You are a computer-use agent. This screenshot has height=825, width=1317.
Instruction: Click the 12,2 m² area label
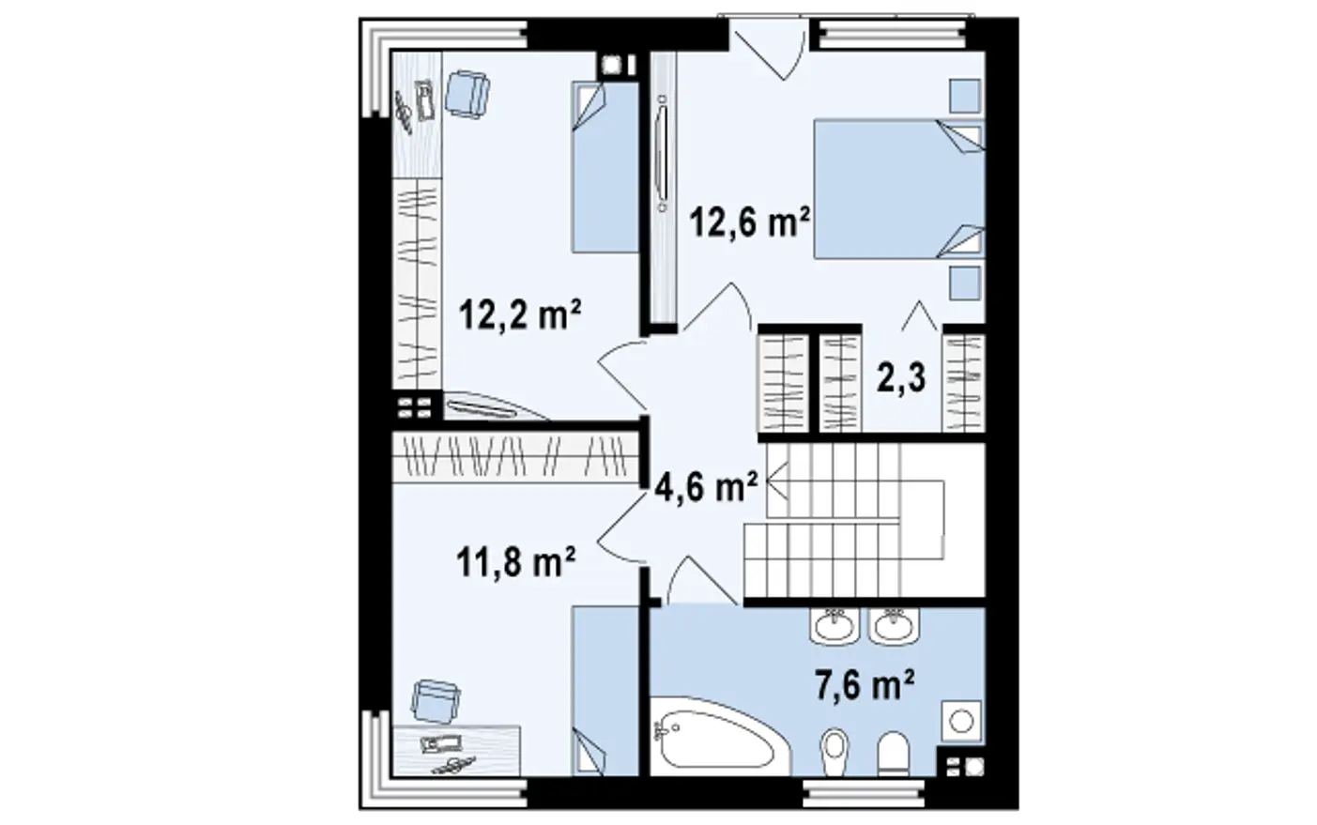(520, 314)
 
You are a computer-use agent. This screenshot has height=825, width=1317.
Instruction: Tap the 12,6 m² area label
(750, 222)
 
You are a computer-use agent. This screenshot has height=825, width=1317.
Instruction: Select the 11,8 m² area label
(515, 562)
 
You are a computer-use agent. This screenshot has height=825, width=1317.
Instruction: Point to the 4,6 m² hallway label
(706, 486)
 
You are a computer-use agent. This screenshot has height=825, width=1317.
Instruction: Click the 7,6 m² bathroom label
(865, 685)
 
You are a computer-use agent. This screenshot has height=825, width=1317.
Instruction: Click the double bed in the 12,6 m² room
(899, 189)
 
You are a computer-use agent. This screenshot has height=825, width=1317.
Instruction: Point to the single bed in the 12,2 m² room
(605, 167)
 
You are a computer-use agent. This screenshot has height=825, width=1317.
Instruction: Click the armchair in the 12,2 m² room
(467, 94)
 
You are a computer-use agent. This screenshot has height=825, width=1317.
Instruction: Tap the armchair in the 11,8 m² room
(436, 700)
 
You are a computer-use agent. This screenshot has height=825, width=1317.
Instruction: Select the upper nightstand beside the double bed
(965, 95)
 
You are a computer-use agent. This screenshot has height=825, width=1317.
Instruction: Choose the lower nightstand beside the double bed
(965, 283)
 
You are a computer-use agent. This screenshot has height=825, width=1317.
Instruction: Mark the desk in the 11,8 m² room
(456, 751)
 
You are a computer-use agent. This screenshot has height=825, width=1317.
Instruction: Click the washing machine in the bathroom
(962, 721)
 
